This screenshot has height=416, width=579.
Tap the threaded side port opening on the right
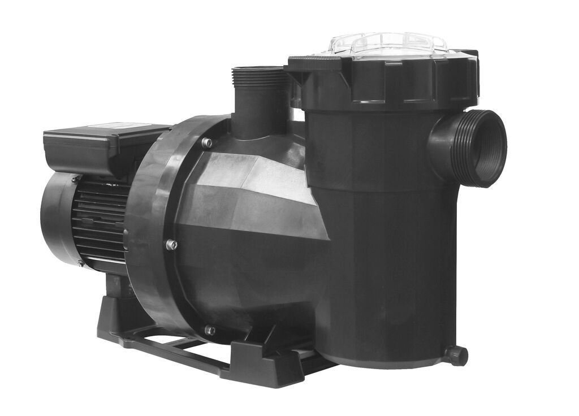point(485,149)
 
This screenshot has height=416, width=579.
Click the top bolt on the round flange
point(207,143)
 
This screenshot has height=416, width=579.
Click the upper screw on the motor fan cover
point(75,179)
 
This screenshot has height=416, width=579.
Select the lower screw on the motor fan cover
point(80,263)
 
